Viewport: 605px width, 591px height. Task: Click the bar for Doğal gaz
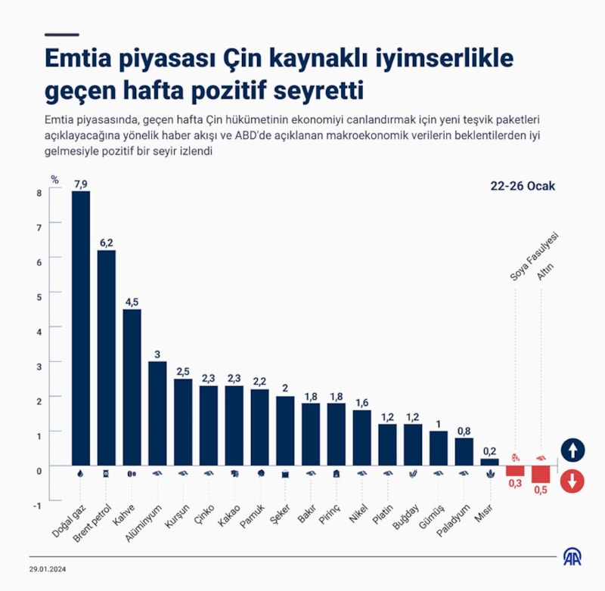point(81,329)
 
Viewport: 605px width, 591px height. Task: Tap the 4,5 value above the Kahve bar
point(132,302)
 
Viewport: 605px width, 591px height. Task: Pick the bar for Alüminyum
point(157,413)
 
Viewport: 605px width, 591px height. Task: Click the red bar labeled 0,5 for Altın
point(541,474)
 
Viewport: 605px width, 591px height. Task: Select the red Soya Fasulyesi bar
point(515,470)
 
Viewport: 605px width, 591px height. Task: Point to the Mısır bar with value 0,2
point(490,462)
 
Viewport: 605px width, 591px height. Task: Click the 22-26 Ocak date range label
point(523,186)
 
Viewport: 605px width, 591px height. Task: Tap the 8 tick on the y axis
point(39,193)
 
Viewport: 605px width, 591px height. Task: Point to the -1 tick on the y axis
point(37,505)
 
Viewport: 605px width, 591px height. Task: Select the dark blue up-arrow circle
point(572,451)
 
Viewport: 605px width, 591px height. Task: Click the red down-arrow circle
point(572,480)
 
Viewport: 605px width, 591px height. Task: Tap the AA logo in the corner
point(572,557)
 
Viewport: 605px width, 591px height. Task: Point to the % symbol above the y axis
point(54,180)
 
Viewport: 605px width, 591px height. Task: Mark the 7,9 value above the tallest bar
point(81,184)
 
